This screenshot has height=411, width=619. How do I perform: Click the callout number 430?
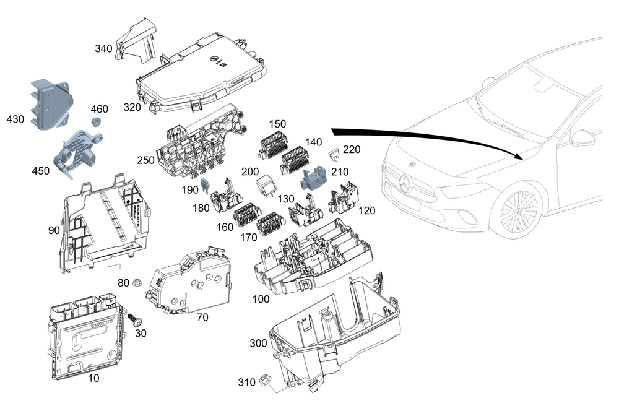tap(15, 119)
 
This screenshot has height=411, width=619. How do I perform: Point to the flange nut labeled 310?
tap(264, 381)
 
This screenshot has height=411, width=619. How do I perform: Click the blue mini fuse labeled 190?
tap(206, 186)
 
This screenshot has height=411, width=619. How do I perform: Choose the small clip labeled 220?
tap(335, 155)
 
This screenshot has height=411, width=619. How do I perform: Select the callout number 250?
tap(145, 160)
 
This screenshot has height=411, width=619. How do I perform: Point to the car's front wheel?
tap(519, 211)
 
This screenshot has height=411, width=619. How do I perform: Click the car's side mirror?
tap(584, 138)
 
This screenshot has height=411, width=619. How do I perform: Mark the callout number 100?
tap(261, 299)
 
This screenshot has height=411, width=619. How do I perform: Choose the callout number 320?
tap(132, 107)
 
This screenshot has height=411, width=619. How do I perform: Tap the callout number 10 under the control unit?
tap(93, 378)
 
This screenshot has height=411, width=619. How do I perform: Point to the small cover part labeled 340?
tap(136, 41)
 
